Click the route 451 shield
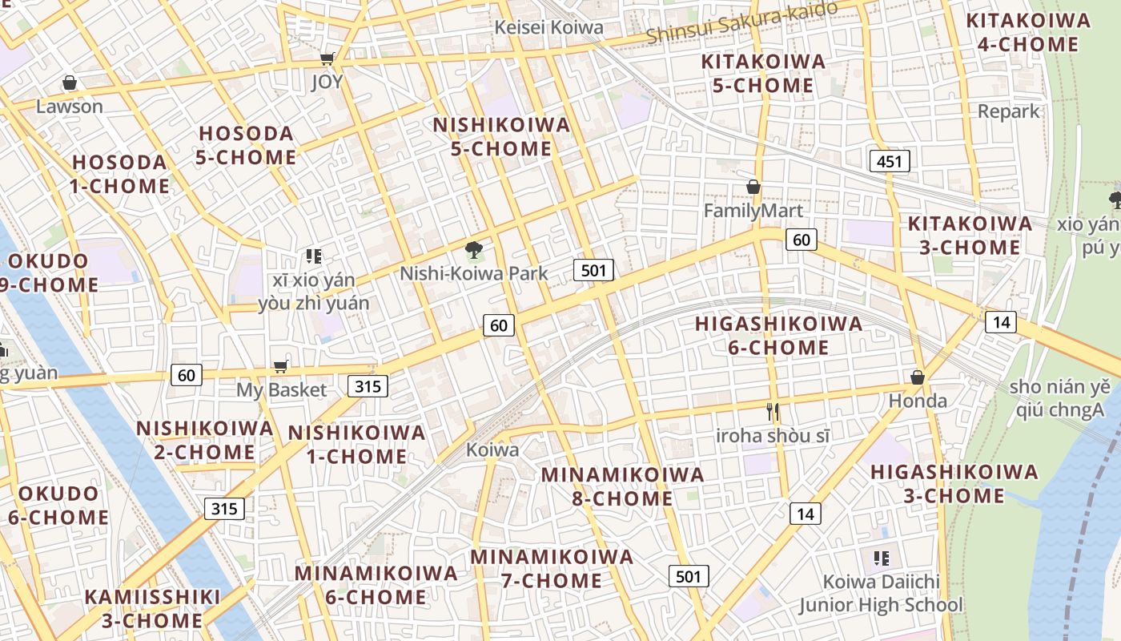pyautogui.click(x=889, y=161)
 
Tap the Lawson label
pyautogui.click(x=70, y=106)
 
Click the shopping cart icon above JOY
pyautogui.click(x=327, y=58)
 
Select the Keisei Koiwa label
pyautogui.click(x=548, y=27)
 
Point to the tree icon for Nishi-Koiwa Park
pyautogui.click(x=474, y=250)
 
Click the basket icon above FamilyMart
pyautogui.click(x=753, y=187)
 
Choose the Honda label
pyautogui.click(x=918, y=401)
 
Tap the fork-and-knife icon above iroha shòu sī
pyautogui.click(x=773, y=413)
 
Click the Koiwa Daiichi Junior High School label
pyautogui.click(x=881, y=593)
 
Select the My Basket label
pyautogui.click(x=281, y=390)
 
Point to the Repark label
pyautogui.click(x=1008, y=111)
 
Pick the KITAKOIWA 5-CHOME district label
pyautogui.click(x=762, y=73)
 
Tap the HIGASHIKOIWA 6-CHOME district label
pyautogui.click(x=778, y=336)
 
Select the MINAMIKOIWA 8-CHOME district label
pyautogui.click(x=622, y=486)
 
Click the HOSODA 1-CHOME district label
pyautogui.click(x=120, y=174)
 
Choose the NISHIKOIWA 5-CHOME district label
pyautogui.click(x=501, y=137)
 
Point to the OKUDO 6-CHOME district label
pyautogui.click(x=58, y=505)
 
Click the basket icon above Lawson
pyautogui.click(x=70, y=83)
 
